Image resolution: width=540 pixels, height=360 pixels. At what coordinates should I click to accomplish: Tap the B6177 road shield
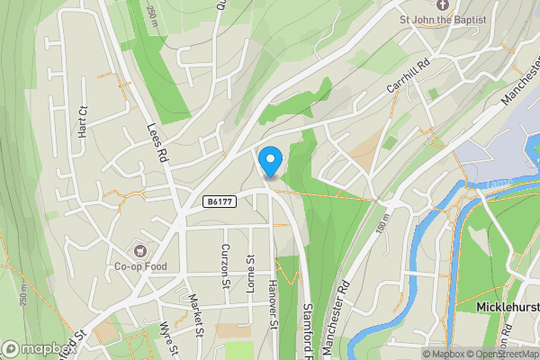(x=220, y=202)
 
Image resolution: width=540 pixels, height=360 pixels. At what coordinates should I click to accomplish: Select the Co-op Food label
(x=140, y=266)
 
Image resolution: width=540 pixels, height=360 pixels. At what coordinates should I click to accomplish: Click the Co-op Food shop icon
(x=140, y=249)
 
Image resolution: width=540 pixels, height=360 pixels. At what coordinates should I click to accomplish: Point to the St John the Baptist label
(x=444, y=20)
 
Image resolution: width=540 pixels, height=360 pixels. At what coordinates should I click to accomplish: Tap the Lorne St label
(x=251, y=269)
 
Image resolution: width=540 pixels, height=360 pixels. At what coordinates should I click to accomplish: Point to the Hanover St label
(x=273, y=304)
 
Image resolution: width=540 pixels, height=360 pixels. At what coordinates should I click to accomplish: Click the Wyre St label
(x=167, y=340)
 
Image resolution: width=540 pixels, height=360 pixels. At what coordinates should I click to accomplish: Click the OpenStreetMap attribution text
(x=500, y=354)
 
